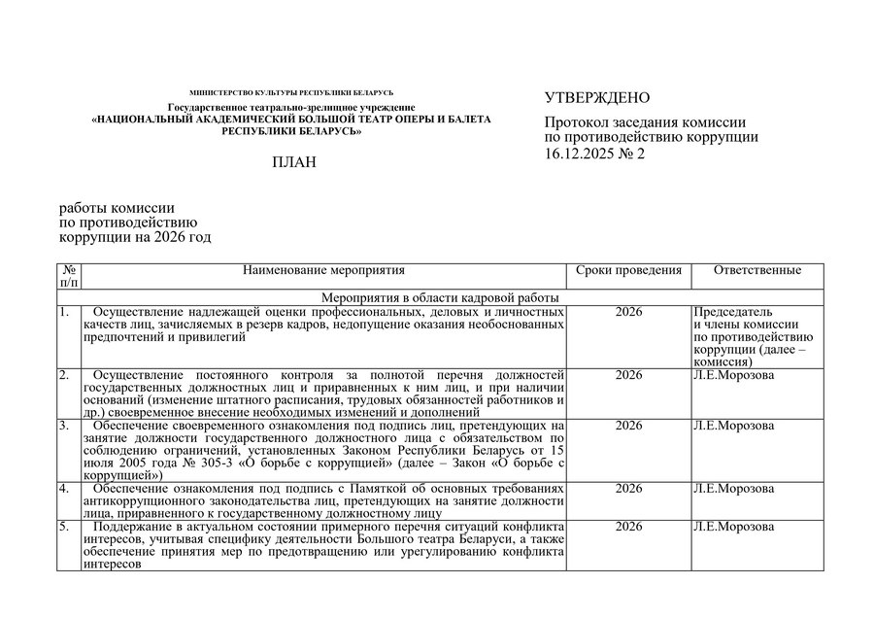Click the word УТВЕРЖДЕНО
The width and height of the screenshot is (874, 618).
[x=596, y=98]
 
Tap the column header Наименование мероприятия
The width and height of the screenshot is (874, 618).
[x=323, y=270]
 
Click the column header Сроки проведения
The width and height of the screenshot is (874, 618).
[x=628, y=270]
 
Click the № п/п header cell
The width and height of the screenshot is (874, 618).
[x=70, y=276]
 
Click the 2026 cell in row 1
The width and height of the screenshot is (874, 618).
[x=628, y=312]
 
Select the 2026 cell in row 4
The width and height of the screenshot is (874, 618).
[x=628, y=488]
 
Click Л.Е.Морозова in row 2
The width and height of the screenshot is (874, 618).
[x=733, y=375]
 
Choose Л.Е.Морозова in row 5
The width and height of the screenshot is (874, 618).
[x=733, y=527]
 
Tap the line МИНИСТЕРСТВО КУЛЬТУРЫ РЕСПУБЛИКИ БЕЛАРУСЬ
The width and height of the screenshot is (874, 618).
[x=291, y=92]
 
